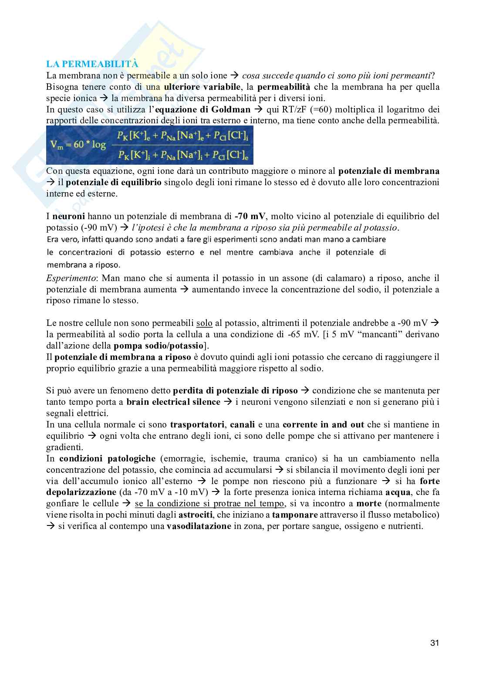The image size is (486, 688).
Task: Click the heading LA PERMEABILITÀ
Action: click(92, 64)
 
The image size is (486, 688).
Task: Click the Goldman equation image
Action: click(150, 145)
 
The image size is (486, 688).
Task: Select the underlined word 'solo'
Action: click(204, 323)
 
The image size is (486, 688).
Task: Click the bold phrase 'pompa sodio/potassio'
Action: click(159, 346)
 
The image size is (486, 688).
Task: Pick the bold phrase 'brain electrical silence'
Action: click(173, 402)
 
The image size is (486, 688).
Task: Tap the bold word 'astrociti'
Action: click(196, 515)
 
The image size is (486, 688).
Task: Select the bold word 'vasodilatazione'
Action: click(199, 526)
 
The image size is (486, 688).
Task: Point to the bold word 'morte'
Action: click(368, 504)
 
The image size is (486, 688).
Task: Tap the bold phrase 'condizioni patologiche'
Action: click(107, 458)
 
